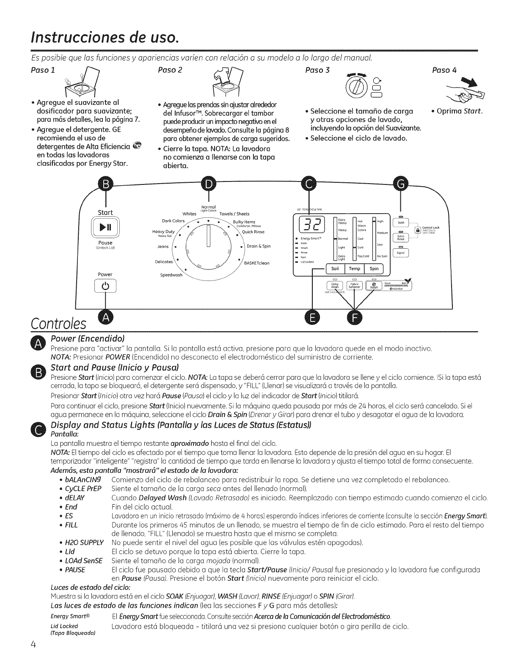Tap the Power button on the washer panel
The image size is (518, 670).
pos(105,287)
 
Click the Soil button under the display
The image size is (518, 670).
pos(335,268)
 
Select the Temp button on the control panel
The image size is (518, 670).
pos(355,268)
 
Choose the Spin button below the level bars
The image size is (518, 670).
pos(374,268)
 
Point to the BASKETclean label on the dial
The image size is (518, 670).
pos(257,263)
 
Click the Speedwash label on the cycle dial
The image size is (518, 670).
pos(171,275)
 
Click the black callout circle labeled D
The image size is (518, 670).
pos(208,183)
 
